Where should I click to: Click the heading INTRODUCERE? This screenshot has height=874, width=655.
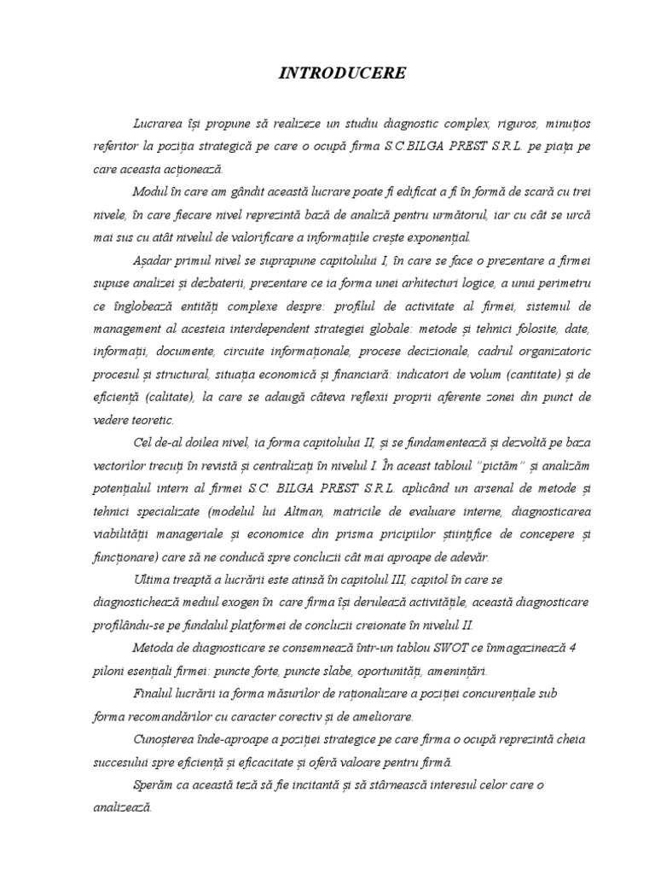pyautogui.click(x=343, y=74)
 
